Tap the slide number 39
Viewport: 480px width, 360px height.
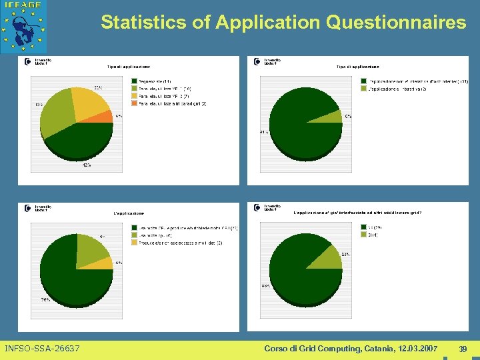click(x=463, y=349)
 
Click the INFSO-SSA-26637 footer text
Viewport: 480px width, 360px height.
click(x=42, y=349)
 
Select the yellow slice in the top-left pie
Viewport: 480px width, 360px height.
click(x=93, y=103)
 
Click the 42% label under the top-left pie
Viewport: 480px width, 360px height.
click(x=87, y=165)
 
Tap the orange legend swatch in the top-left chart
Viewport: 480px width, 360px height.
click(x=134, y=103)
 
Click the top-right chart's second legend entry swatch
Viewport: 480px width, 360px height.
click(x=364, y=89)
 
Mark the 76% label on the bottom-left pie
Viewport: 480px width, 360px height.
click(x=45, y=299)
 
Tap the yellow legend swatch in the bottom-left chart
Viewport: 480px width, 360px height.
click(x=134, y=243)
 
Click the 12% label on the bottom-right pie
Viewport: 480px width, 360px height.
click(x=345, y=255)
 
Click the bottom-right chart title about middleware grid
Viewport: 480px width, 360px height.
click(x=357, y=213)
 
